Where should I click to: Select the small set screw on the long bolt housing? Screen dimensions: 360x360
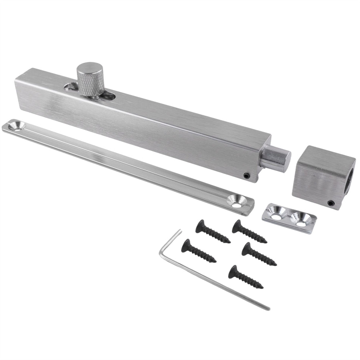click(247, 175)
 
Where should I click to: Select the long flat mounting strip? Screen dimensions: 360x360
click(125, 163)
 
